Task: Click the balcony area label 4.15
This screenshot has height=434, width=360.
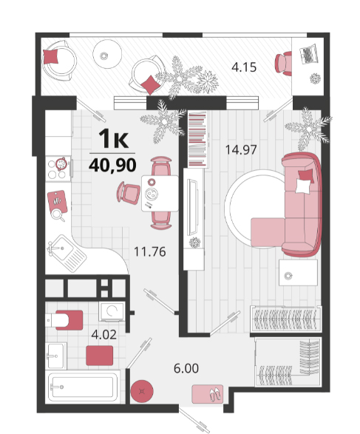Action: coord(244,67)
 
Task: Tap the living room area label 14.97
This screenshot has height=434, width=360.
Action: coord(241,150)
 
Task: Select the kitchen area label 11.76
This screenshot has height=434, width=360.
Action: coord(150,252)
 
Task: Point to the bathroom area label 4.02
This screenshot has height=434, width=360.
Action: coord(103,335)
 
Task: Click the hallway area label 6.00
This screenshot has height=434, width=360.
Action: coord(186,368)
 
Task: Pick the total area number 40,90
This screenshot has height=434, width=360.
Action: coord(112,165)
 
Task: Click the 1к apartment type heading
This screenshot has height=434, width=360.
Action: coord(114,139)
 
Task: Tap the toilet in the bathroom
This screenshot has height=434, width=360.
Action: coord(64,320)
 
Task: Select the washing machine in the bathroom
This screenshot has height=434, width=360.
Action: coord(112,312)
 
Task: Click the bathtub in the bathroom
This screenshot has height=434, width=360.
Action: coord(83,387)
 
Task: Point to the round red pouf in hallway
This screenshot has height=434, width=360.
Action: coord(142,391)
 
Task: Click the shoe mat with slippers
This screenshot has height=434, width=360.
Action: coord(208,393)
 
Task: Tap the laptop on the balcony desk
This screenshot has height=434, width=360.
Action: coord(309,54)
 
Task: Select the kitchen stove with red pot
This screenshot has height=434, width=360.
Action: coord(58,169)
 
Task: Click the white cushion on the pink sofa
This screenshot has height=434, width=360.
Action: coord(303,186)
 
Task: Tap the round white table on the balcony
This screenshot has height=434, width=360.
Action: coord(107,54)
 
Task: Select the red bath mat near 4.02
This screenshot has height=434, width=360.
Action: coord(99,356)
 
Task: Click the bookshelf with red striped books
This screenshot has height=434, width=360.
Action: coord(197,139)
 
